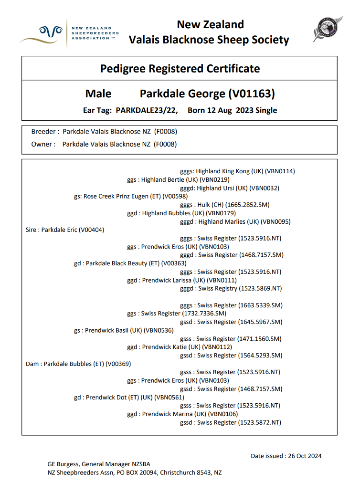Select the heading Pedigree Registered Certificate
tap(180, 69)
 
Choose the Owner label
tap(43, 144)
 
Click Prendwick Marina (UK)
tap(182, 414)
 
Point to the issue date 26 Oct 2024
tap(305, 456)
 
